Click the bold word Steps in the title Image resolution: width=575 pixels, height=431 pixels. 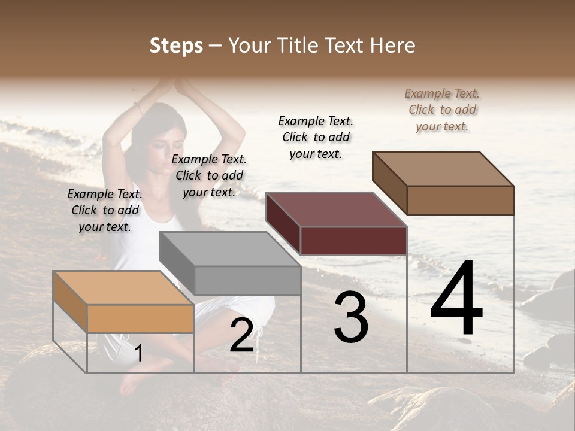(176, 45)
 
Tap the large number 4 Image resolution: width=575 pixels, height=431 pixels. (456, 299)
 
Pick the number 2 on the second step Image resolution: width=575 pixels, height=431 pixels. (241, 335)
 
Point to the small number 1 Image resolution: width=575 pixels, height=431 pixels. (138, 353)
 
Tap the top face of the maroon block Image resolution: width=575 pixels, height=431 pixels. (336, 210)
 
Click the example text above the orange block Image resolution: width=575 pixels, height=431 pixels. (105, 210)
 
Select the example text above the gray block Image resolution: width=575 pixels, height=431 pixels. (209, 175)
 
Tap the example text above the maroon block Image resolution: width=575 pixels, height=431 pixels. (316, 137)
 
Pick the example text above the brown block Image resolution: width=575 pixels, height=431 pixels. (442, 110)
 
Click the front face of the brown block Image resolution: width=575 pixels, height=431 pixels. (460, 200)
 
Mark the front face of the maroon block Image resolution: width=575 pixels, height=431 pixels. (353, 241)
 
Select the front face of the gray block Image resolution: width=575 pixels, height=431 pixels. (247, 280)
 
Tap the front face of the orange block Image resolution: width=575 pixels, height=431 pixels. (140, 318)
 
